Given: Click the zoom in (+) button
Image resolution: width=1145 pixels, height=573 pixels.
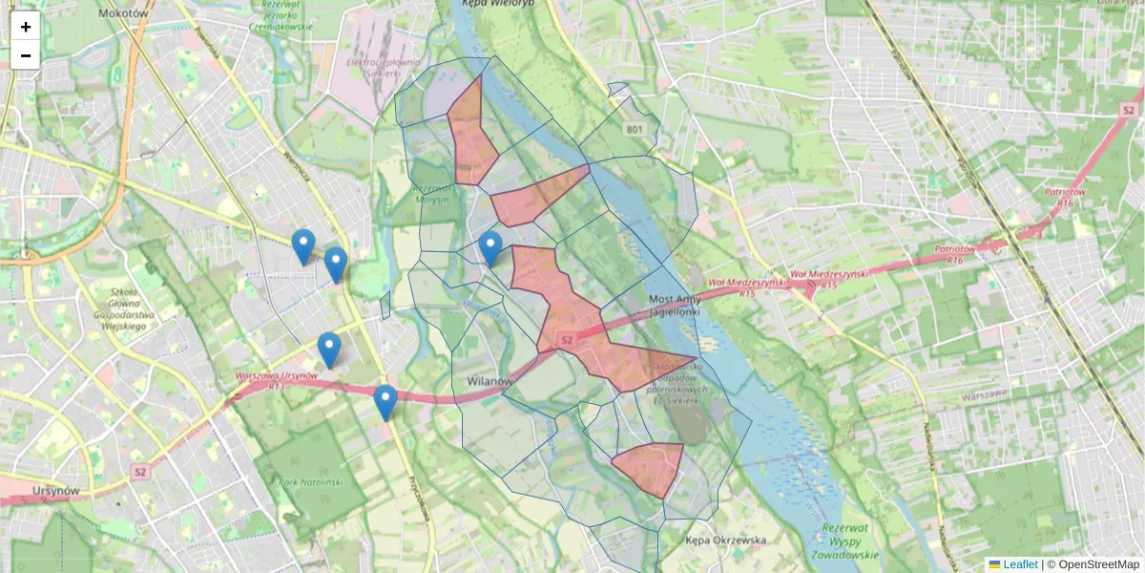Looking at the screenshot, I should (x=26, y=27).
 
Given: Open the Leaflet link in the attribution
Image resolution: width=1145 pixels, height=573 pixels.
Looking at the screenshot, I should (x=1020, y=564).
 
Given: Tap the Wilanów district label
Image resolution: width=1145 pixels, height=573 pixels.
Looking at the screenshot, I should (x=490, y=381).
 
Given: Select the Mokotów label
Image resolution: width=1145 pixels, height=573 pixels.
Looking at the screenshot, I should (x=124, y=13).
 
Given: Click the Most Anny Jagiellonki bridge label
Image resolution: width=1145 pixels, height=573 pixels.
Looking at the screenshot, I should (x=675, y=305).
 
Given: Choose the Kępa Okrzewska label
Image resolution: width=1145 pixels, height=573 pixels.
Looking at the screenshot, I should (x=726, y=541).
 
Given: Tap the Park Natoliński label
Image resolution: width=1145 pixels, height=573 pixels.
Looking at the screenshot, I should (x=311, y=482).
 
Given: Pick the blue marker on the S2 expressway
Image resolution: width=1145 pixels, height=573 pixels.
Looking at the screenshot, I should (x=385, y=402).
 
